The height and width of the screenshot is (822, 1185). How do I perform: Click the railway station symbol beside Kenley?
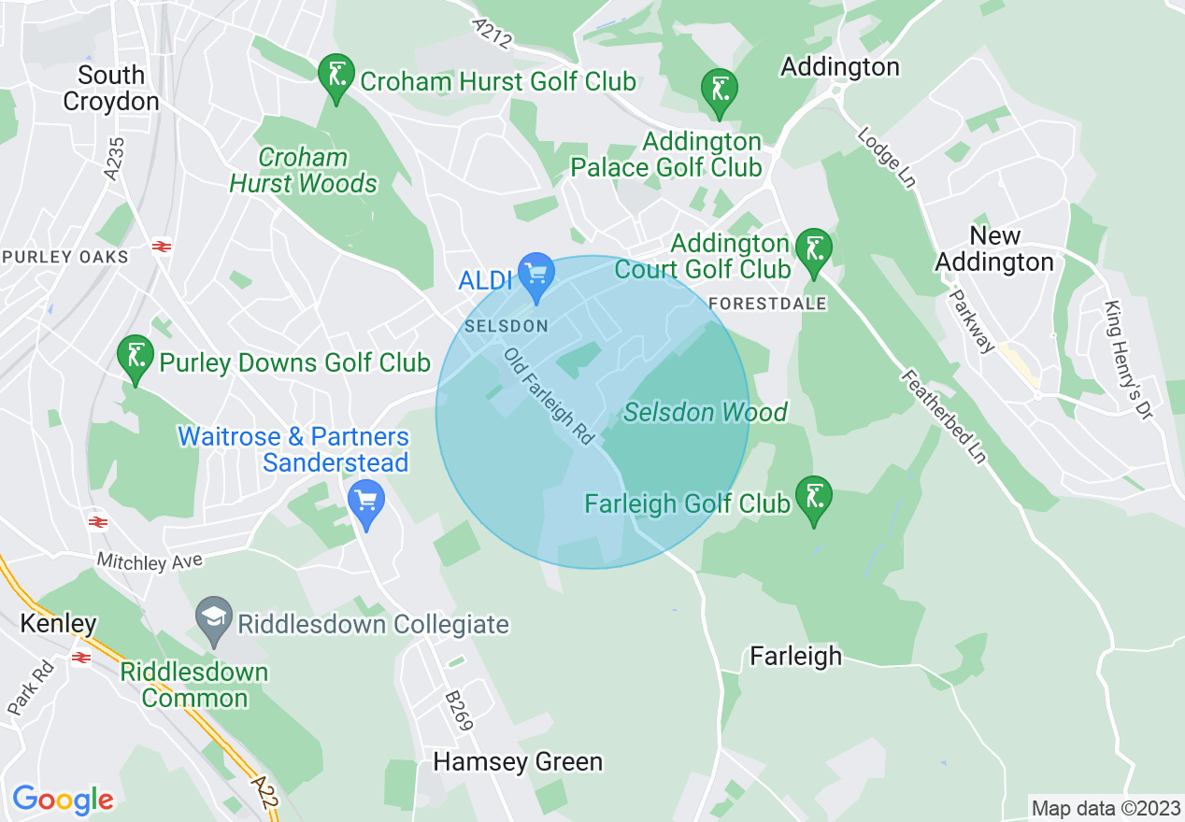click(81, 658)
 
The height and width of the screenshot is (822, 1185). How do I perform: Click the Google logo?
click(63, 799)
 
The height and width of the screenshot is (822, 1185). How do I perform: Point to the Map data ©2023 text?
click(1104, 807)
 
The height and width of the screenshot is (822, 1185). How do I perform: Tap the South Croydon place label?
click(111, 89)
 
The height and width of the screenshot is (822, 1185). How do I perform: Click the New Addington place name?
click(994, 249)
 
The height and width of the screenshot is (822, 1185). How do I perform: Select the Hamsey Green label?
click(518, 762)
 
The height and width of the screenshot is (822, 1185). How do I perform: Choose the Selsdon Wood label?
click(706, 412)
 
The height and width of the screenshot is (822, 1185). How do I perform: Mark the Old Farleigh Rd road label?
click(550, 396)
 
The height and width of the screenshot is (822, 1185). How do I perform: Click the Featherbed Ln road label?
click(944, 417)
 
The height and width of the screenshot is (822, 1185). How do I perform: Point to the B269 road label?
click(460, 710)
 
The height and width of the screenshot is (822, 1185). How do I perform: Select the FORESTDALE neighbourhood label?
click(767, 304)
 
